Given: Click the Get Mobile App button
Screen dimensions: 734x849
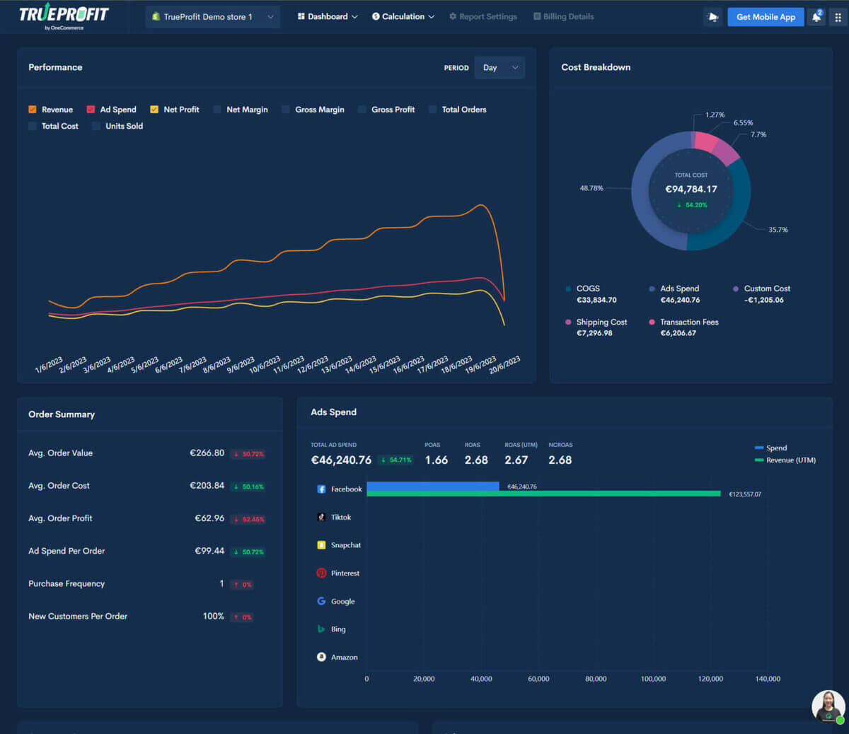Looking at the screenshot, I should [x=766, y=17].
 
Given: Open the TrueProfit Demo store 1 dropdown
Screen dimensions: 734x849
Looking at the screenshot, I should [x=212, y=17].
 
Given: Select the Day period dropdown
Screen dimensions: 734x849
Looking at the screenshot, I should [x=499, y=68].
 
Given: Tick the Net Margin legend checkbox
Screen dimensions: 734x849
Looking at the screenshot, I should [x=217, y=110].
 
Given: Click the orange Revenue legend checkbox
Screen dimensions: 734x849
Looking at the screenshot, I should [x=33, y=110].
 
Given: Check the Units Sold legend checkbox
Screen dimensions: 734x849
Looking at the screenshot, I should [x=96, y=126].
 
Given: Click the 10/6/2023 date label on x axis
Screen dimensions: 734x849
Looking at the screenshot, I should [x=265, y=365].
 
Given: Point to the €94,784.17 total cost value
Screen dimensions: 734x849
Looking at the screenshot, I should [x=691, y=189].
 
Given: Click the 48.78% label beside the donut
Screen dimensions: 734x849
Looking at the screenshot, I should [x=591, y=188].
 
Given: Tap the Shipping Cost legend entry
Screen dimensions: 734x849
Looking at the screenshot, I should [x=601, y=322].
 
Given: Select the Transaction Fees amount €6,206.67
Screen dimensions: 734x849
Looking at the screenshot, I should [x=678, y=333].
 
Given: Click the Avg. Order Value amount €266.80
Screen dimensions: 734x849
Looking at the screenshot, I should [x=207, y=453].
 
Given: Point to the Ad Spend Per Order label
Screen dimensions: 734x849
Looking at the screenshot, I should [x=67, y=551].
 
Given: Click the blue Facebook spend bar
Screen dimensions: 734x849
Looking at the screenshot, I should [x=432, y=486].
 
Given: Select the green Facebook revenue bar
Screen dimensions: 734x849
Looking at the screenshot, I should [x=543, y=494].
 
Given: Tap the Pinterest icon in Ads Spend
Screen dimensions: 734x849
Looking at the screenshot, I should [x=321, y=573].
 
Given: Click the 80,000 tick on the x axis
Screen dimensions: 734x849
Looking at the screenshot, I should [x=596, y=679].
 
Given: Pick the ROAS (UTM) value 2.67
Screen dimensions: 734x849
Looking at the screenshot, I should [x=516, y=460].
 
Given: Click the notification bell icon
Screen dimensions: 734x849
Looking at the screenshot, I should [x=816, y=18].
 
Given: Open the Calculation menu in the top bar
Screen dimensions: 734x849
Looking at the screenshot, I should [x=403, y=17].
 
